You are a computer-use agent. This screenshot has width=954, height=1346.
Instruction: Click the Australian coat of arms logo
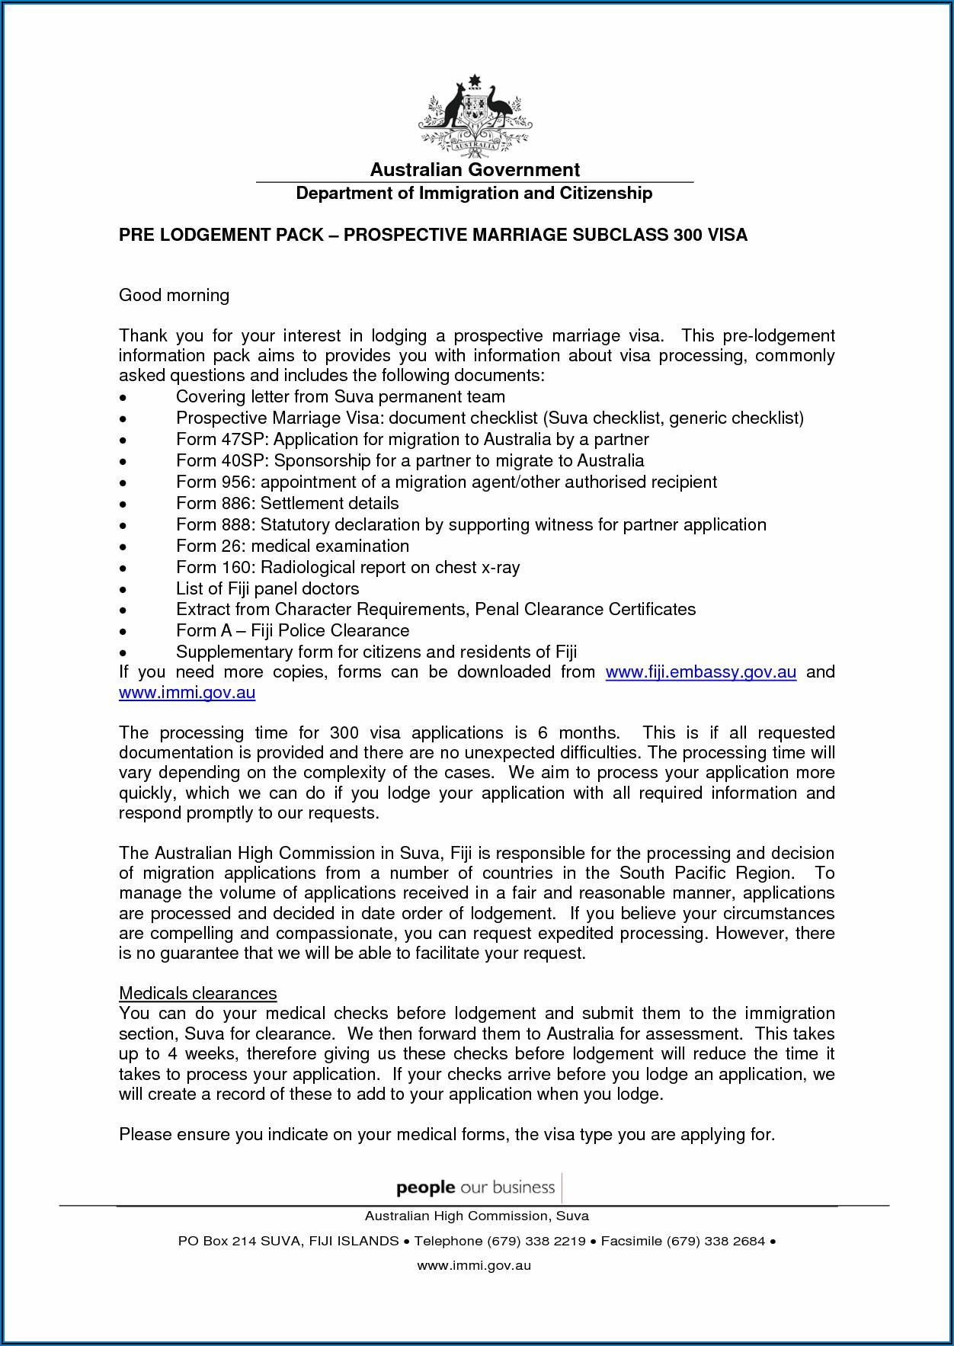pyautogui.click(x=475, y=114)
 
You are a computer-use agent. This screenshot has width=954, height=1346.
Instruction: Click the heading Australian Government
pyautogui.click(x=475, y=170)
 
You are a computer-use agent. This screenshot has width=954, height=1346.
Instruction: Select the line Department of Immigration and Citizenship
pyautogui.click(x=474, y=194)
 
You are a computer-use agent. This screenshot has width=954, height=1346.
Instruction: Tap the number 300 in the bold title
pyautogui.click(x=687, y=235)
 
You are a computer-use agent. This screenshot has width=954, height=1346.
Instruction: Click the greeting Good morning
pyautogui.click(x=174, y=296)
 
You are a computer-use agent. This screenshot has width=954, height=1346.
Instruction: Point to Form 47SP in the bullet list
pyautogui.click(x=222, y=440)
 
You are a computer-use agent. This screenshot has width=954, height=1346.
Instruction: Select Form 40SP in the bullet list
pyautogui.click(x=222, y=461)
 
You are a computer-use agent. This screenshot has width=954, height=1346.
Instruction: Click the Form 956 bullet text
pyautogui.click(x=446, y=482)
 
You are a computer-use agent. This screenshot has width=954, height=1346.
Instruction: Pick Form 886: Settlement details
pyautogui.click(x=287, y=504)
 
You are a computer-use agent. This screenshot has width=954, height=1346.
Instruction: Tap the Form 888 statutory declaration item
pyautogui.click(x=471, y=525)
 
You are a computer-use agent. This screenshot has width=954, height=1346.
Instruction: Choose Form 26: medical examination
pyautogui.click(x=293, y=546)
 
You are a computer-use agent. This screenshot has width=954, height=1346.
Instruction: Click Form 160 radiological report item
pyautogui.click(x=347, y=568)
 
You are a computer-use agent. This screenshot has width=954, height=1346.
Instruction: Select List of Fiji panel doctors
pyautogui.click(x=267, y=589)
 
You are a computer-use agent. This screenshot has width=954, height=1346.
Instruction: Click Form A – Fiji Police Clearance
pyautogui.click(x=293, y=631)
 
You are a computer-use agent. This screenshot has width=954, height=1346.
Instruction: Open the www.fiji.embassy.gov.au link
pyautogui.click(x=700, y=672)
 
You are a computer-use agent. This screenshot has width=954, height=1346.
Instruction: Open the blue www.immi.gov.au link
pyautogui.click(x=187, y=693)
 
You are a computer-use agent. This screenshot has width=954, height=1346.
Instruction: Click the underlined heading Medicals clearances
pyautogui.click(x=198, y=994)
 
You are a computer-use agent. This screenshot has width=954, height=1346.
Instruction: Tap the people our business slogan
pyautogui.click(x=475, y=1187)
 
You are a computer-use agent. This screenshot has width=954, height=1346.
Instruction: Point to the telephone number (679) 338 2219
pyautogui.click(x=536, y=1241)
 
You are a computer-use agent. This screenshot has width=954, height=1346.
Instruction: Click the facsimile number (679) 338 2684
pyautogui.click(x=715, y=1241)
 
